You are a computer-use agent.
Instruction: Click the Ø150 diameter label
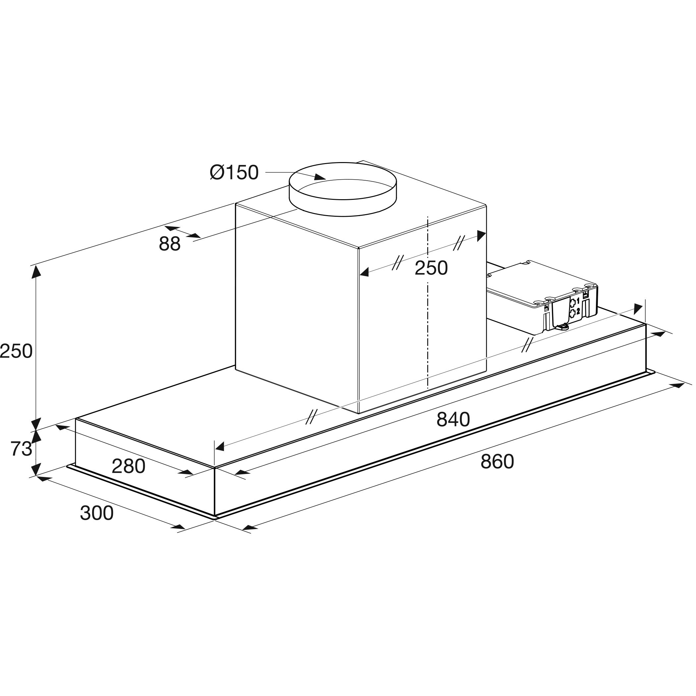pos(234,173)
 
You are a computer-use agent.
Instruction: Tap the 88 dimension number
pos(169,244)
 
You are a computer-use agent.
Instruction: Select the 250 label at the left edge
pos(16,351)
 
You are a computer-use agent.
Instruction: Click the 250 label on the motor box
pos(431,268)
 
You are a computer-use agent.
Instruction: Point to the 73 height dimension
pos(21,449)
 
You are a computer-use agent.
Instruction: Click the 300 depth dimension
pos(96,513)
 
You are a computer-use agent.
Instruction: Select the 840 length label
pos(453,419)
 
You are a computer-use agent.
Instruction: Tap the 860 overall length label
pos(497,461)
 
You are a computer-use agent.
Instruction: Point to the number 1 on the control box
pos(578,301)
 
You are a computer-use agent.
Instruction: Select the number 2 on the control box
pos(578,311)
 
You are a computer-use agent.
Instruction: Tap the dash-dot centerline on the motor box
pos(428,324)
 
